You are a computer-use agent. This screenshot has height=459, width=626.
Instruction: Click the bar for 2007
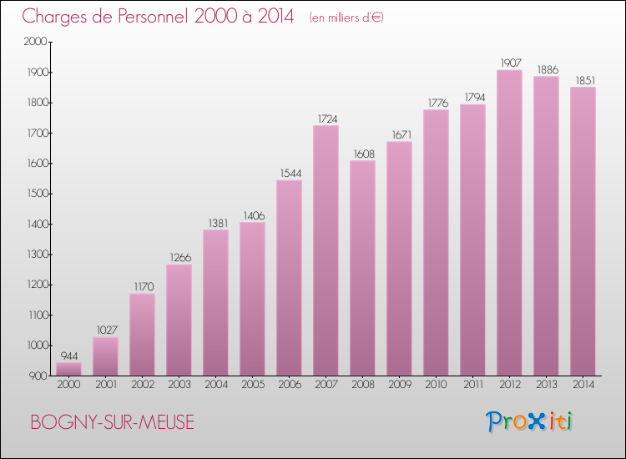click(x=326, y=250)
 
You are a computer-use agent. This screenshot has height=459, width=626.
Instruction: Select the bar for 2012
click(x=509, y=223)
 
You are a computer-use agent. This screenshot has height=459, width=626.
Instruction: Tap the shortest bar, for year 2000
click(x=68, y=369)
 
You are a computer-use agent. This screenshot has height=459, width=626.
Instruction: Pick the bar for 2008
click(x=362, y=268)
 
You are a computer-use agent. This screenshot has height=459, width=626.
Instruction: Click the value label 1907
click(x=511, y=63)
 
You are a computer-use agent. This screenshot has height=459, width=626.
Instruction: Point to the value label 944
click(x=69, y=356)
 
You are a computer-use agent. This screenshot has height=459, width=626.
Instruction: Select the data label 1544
click(x=290, y=174)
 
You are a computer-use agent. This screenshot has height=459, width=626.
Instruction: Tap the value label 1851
click(x=585, y=81)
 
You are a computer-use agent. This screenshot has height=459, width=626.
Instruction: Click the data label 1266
click(x=180, y=258)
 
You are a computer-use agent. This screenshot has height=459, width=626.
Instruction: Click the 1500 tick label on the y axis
click(x=37, y=194)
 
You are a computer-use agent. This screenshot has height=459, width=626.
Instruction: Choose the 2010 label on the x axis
click(x=436, y=385)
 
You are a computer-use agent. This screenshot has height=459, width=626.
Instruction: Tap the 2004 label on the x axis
click(x=216, y=385)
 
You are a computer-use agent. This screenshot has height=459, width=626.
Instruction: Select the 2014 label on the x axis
click(x=583, y=385)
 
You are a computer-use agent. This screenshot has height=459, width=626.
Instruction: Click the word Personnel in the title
click(x=153, y=16)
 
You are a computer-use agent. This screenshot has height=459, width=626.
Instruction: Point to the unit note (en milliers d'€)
click(x=346, y=18)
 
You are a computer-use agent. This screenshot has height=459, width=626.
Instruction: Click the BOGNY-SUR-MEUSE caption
click(x=112, y=422)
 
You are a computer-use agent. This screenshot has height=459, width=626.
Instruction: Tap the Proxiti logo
click(x=529, y=422)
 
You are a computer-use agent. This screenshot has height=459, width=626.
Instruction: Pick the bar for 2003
click(x=179, y=320)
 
